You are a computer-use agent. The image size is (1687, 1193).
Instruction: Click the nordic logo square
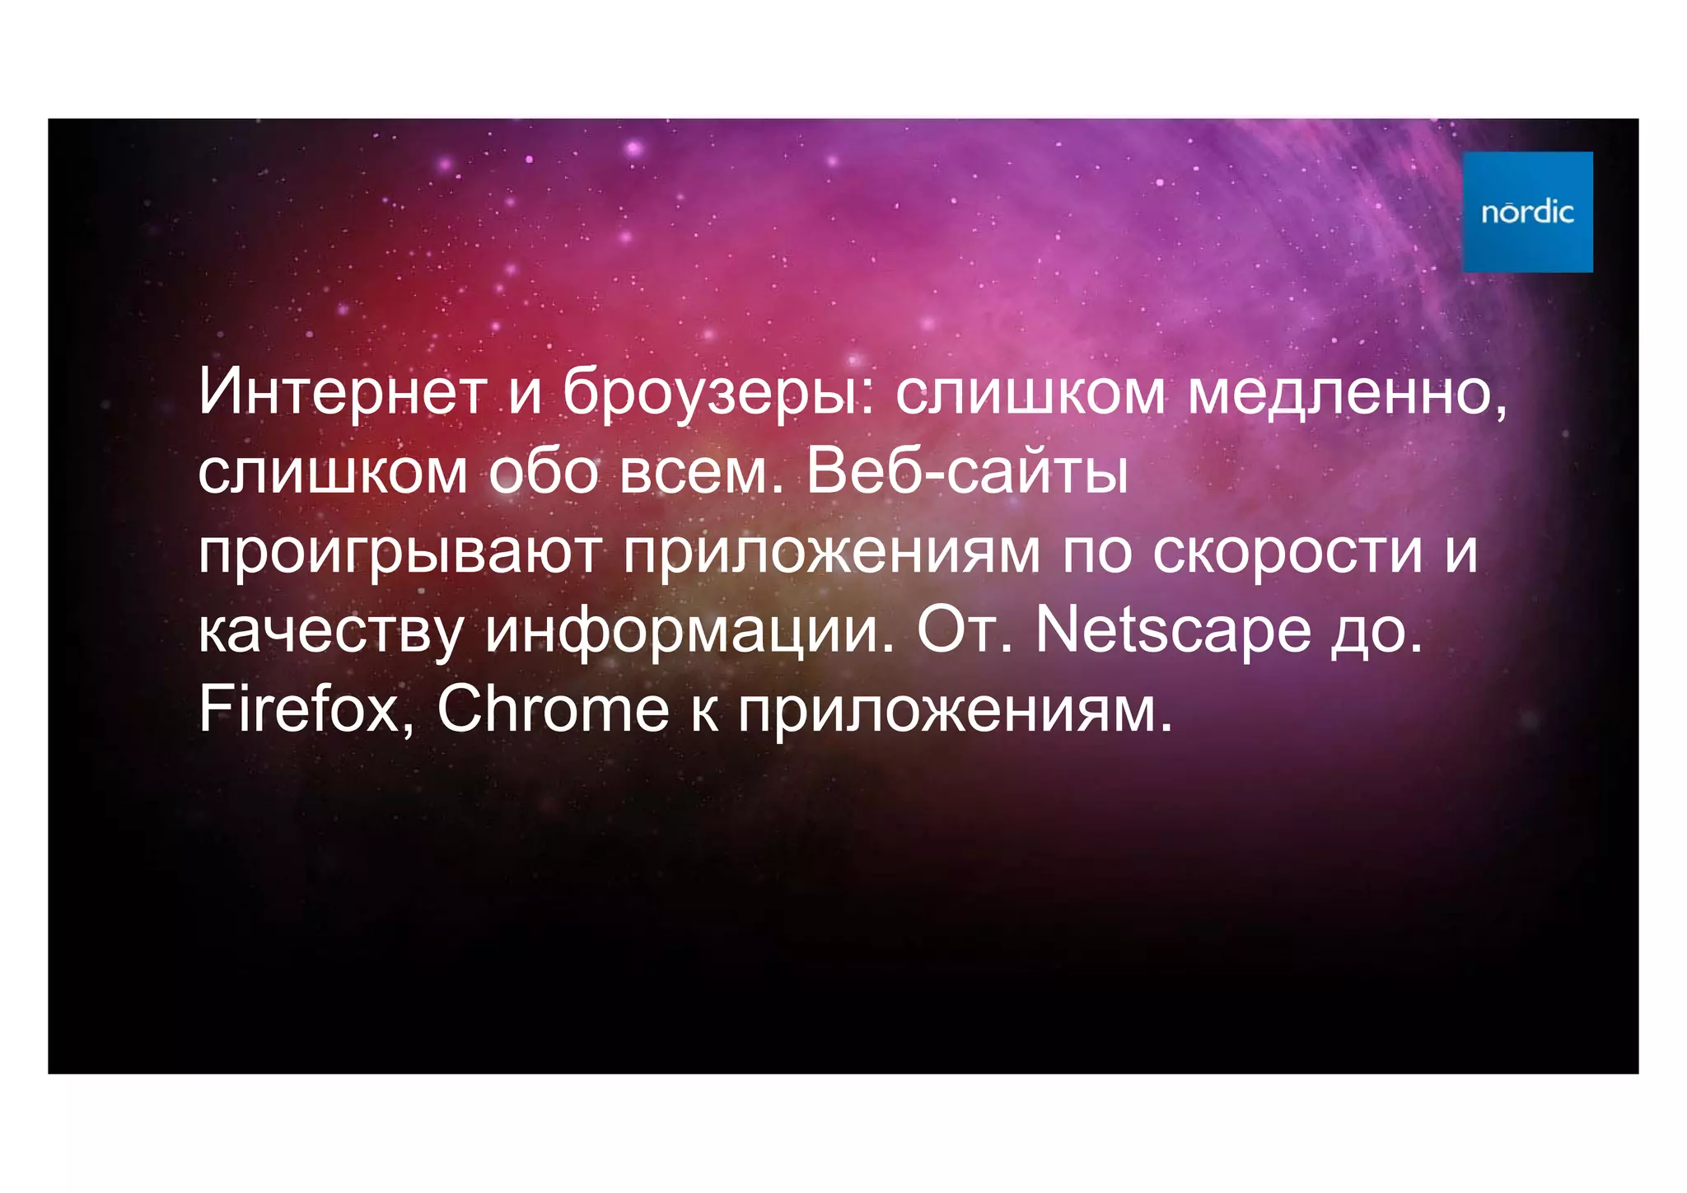[x=1527, y=212]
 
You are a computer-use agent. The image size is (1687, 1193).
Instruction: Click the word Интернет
[x=341, y=392]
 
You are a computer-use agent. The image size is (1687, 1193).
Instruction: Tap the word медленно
[x=1347, y=392]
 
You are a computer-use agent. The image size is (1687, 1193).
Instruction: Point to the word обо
[x=543, y=472]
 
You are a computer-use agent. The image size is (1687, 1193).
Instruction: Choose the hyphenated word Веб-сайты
[x=967, y=472]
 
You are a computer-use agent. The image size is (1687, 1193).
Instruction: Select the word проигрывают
[x=400, y=553]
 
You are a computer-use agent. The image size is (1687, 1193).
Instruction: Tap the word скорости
[x=1287, y=551]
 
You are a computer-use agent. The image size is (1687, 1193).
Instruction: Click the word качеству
[x=331, y=633]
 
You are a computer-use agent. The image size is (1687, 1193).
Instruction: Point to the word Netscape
[x=1172, y=631]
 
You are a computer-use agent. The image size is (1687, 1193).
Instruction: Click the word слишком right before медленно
[x=1030, y=392]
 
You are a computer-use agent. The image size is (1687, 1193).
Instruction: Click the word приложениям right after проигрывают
[x=832, y=553]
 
